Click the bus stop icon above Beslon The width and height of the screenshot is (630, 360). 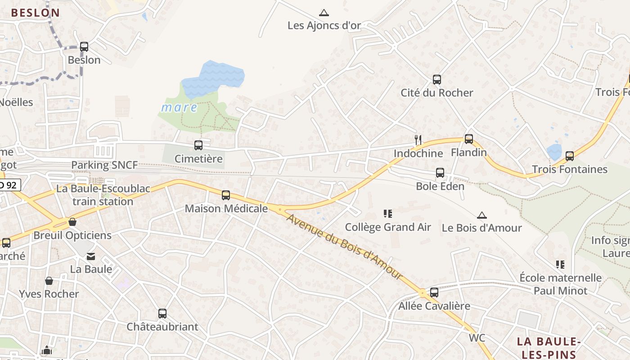point(84,47)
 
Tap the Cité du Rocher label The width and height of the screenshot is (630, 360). point(437,93)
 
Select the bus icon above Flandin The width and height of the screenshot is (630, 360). point(469,139)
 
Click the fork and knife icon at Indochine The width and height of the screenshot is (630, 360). point(418,140)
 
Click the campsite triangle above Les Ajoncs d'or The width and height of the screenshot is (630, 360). point(324,13)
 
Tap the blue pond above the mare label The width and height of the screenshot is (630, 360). point(213,78)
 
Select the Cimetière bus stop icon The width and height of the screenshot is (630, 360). point(198,145)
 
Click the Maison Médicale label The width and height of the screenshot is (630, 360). point(226,209)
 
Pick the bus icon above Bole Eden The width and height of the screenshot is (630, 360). point(440,173)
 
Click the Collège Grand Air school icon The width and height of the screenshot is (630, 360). point(388,213)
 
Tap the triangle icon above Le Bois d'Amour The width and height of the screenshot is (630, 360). point(482,215)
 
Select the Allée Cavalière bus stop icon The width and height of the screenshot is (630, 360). point(434,292)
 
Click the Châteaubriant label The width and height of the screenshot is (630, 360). point(162,327)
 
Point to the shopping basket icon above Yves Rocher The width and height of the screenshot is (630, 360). point(49,281)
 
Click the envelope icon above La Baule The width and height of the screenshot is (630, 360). point(91,256)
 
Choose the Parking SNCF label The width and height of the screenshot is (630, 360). point(104,165)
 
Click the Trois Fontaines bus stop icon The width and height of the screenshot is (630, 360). point(570,156)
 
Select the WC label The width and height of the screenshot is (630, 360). point(477,337)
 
